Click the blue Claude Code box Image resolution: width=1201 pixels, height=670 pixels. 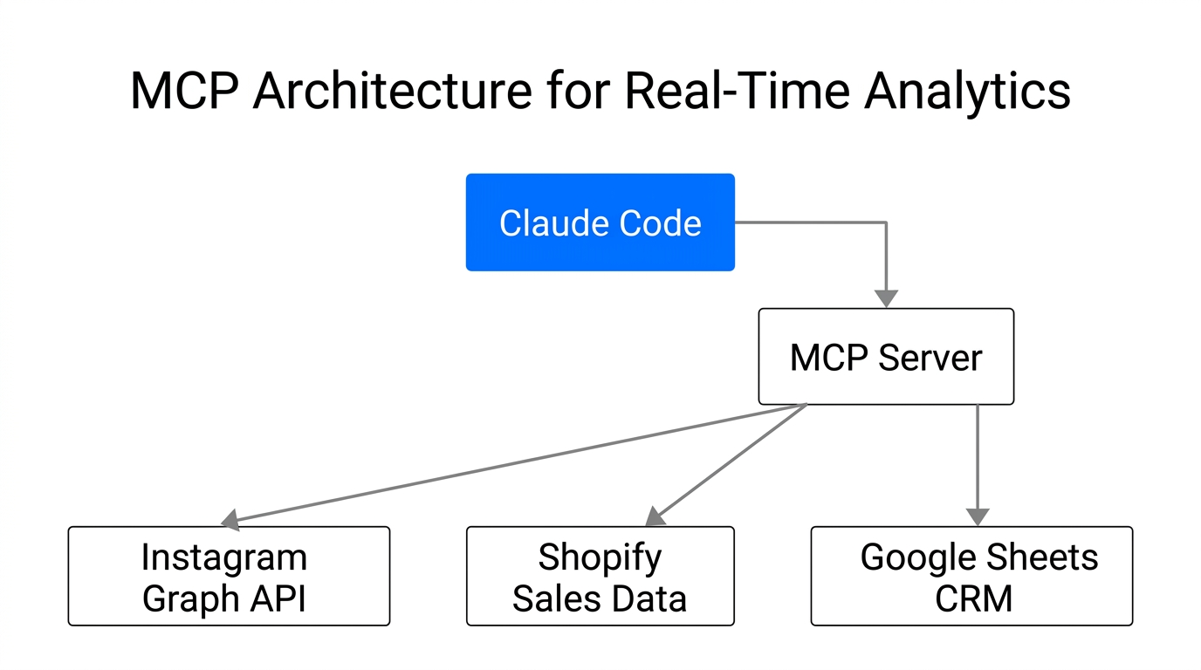click(600, 222)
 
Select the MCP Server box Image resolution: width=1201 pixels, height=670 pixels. click(886, 357)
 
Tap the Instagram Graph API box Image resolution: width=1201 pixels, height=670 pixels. click(229, 576)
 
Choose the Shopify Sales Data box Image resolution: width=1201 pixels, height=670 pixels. click(600, 576)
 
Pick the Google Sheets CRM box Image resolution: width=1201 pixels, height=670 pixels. click(971, 576)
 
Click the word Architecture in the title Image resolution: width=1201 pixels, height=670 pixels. click(391, 92)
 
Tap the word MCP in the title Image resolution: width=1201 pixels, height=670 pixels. click(183, 92)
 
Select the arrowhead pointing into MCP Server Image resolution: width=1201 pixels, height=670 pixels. click(886, 298)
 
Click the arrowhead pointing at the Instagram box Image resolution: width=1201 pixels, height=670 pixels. click(230, 521)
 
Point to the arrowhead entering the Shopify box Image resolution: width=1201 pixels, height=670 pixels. click(655, 517)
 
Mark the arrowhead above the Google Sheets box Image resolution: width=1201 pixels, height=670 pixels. click(978, 516)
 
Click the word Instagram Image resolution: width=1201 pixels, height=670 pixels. click(223, 557)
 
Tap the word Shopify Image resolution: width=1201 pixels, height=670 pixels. click(600, 557)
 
